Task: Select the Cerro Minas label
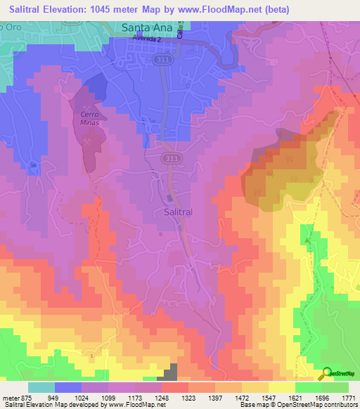click(x=92, y=118)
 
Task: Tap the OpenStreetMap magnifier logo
click(x=326, y=374)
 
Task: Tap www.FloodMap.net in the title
click(x=219, y=9)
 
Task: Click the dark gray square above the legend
click(x=171, y=373)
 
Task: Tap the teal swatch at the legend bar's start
click(x=41, y=387)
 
